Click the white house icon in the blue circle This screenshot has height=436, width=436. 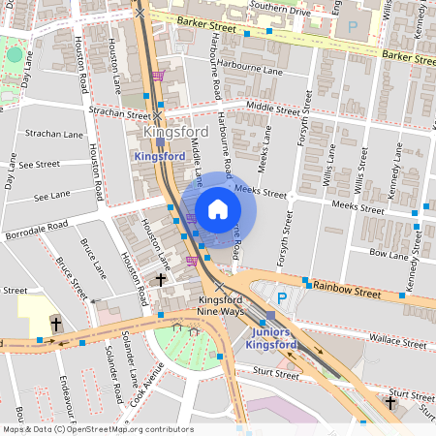[x=218, y=209]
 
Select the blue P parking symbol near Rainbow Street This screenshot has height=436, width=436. [x=282, y=297]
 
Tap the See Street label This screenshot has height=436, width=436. [x=39, y=165]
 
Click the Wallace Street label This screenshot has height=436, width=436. [x=385, y=341]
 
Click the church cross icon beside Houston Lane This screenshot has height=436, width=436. [x=161, y=279]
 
